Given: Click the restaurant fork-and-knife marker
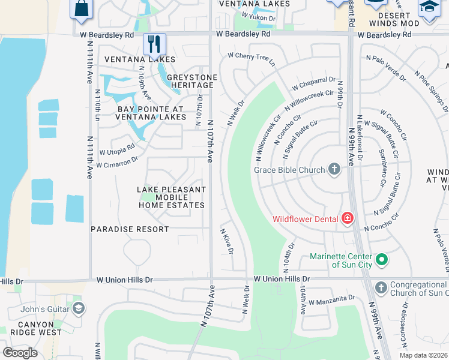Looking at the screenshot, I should (154, 43).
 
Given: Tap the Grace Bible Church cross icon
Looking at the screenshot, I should (334, 170).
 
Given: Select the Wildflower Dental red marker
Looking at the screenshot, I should (347, 218).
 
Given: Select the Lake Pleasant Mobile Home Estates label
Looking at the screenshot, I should (172, 197).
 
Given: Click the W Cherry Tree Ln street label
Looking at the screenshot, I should (251, 58).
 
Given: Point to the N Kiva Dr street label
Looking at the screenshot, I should (226, 241).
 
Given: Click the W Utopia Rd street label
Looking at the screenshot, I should (117, 149).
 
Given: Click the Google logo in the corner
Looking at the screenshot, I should (20, 353).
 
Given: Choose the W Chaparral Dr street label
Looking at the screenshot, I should (313, 84).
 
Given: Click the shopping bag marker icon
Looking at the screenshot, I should (80, 8).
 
